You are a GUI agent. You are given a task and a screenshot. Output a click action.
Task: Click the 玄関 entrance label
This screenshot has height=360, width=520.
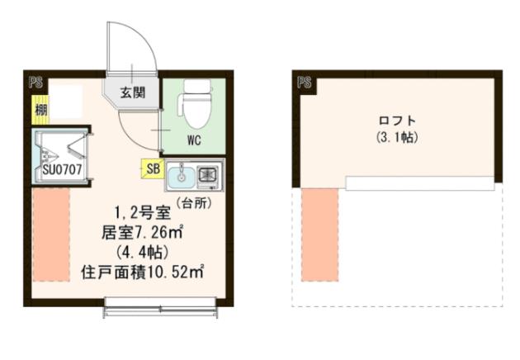click(130, 91)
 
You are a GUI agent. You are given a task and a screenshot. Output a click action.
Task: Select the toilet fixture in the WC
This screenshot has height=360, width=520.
click(195, 101)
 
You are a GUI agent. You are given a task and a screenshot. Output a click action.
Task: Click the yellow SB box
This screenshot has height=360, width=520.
click(152, 168)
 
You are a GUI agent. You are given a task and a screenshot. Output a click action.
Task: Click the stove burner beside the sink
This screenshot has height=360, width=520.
click(208, 175)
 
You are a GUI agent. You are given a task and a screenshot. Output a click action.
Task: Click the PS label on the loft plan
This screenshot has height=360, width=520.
click(303, 83)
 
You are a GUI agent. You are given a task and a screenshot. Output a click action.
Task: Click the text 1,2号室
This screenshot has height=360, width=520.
click(145, 211)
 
